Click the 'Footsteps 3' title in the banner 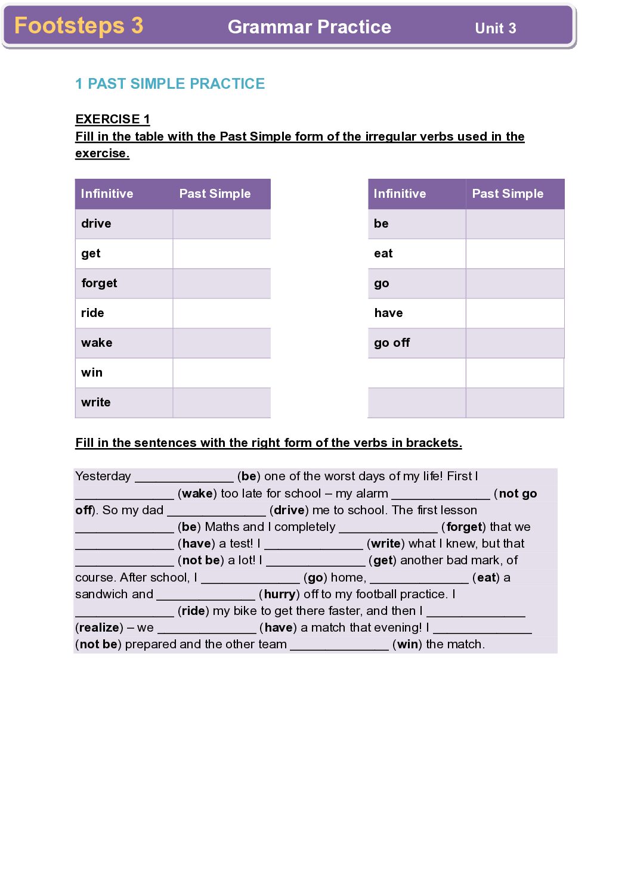(x=79, y=26)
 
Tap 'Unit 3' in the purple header (x=495, y=28)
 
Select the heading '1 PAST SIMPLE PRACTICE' (x=170, y=84)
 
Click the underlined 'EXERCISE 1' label (x=113, y=119)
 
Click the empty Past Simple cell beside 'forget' (x=222, y=284)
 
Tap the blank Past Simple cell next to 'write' (x=222, y=403)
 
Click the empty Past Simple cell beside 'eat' (x=515, y=254)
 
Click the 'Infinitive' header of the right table (x=400, y=194)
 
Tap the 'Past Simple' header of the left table (x=215, y=194)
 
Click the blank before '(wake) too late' (x=125, y=495)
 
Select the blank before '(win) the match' (x=339, y=645)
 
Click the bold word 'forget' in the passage (x=464, y=527)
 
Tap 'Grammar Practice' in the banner (x=310, y=27)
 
